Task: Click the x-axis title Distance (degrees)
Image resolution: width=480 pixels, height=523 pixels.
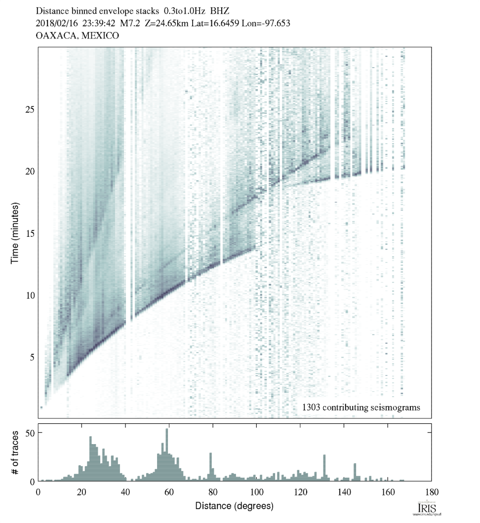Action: [x=234, y=506]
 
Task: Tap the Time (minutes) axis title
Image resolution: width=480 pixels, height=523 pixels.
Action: [x=15, y=232]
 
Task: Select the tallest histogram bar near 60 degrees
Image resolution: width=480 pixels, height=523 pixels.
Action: [x=167, y=454]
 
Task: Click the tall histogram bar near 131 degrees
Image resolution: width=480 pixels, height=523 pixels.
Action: [x=324, y=467]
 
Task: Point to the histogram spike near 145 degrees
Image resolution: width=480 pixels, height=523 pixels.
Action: [x=355, y=471]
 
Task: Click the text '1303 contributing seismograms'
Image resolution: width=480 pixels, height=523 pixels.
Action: [x=360, y=408]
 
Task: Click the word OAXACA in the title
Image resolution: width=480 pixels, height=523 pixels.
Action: [x=53, y=36]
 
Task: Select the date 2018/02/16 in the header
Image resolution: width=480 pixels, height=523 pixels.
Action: [x=58, y=23]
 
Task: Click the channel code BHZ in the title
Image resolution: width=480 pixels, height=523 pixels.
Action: [x=220, y=10]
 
